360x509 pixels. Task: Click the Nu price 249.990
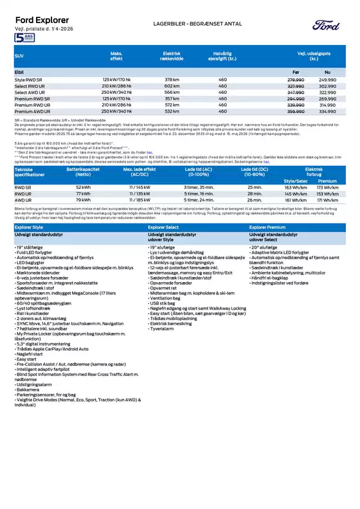(327, 79)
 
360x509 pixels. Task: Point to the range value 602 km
(172, 85)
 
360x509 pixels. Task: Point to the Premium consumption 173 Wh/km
(328, 186)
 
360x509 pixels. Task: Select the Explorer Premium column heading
(269, 228)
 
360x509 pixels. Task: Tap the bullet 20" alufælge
(264, 246)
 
